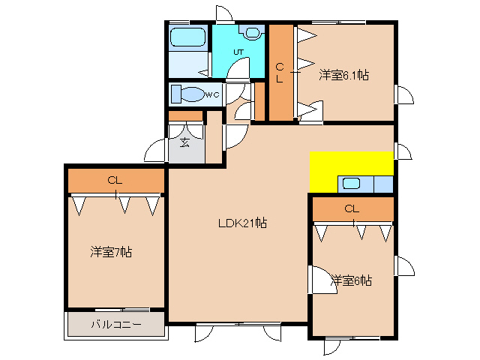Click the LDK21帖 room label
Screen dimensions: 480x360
point(242,223)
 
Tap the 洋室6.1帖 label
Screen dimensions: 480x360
point(343,75)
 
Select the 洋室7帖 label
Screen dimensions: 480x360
point(111,252)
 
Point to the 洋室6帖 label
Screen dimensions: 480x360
point(352,280)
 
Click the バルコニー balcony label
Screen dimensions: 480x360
point(116,324)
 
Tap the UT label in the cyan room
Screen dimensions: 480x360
point(238,52)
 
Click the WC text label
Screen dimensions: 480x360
point(212,95)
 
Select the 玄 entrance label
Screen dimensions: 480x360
point(184,142)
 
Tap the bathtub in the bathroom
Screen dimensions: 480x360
point(187,37)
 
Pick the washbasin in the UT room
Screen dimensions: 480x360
point(253,32)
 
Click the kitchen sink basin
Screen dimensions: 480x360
point(351,183)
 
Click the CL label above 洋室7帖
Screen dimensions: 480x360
point(115,181)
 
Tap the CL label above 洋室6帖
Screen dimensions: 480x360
point(352,209)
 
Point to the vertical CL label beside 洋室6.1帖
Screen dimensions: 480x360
point(280,73)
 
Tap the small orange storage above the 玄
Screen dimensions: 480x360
point(185,116)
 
